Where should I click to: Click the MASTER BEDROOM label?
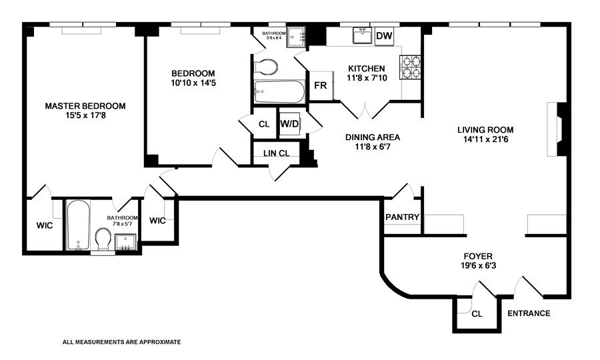(x=85, y=105)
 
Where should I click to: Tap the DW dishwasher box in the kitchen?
(x=383, y=36)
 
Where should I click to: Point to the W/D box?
(x=289, y=124)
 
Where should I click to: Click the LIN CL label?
(x=276, y=153)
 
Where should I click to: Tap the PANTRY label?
(x=402, y=217)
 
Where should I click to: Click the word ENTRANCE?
(x=529, y=313)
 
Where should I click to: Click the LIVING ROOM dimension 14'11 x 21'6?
(x=485, y=140)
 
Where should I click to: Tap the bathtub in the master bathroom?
(x=78, y=225)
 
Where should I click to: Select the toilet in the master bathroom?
(x=103, y=239)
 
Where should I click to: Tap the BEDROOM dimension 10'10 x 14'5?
(x=193, y=83)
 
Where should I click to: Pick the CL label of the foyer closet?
(x=477, y=314)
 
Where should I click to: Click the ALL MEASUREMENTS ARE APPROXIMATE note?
(x=121, y=341)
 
